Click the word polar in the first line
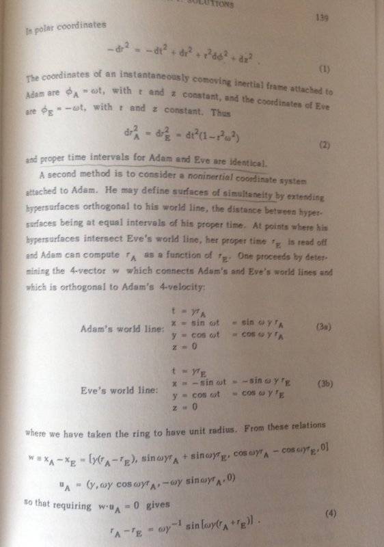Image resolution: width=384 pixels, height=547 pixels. [x=40, y=29]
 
